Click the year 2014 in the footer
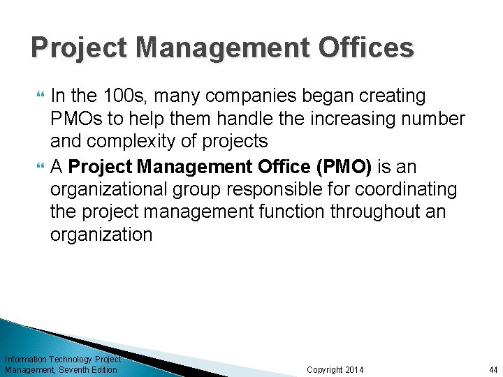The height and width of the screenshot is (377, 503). (354, 369)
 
